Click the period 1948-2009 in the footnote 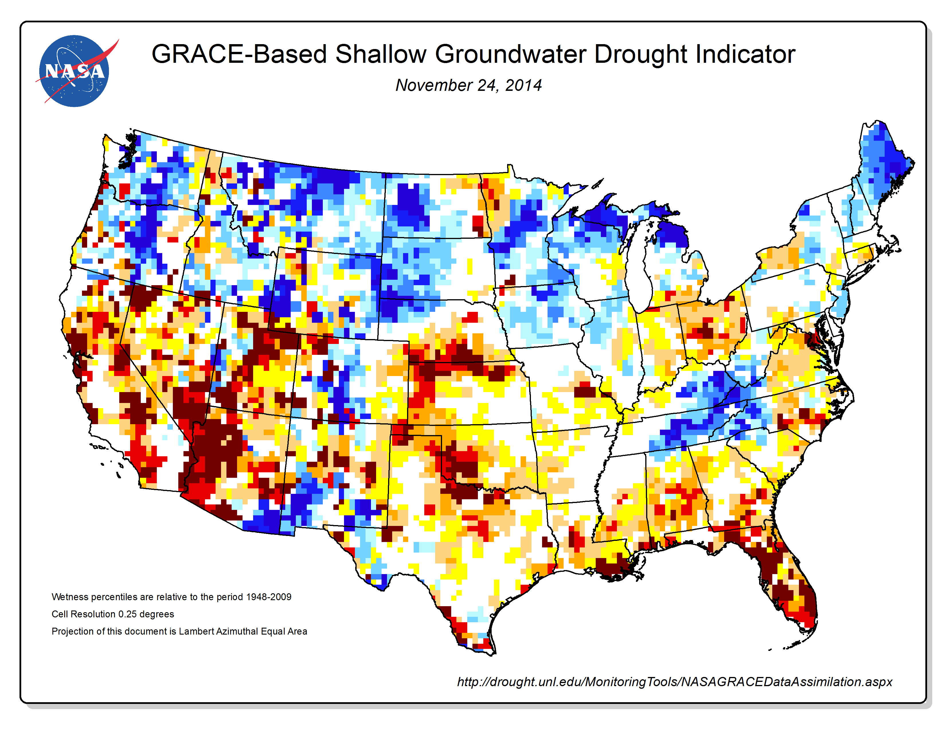(269, 597)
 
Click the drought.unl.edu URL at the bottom (675, 682)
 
